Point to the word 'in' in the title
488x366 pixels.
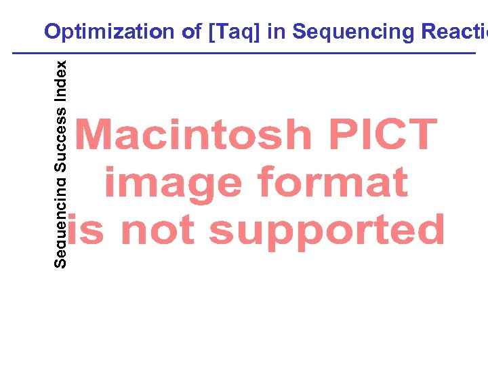pyautogui.click(x=276, y=32)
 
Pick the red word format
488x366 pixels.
pyautogui.click(x=332, y=183)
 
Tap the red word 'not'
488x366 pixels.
pyautogui.click(x=159, y=230)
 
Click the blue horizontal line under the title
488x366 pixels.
pyautogui.click(x=244, y=53)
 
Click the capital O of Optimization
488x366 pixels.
pyautogui.click(x=52, y=32)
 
